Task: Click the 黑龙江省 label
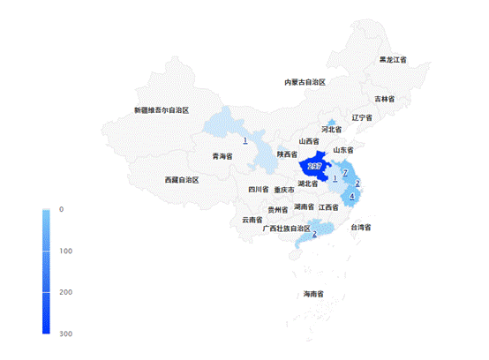click(x=393, y=60)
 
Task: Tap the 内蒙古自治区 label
click(x=305, y=82)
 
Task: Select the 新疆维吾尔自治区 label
click(x=162, y=110)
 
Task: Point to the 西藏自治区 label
click(x=182, y=179)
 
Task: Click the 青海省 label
click(x=222, y=156)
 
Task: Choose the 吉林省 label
click(x=384, y=99)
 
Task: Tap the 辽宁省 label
click(x=363, y=117)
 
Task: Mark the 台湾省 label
click(x=364, y=228)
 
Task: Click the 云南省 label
click(x=252, y=220)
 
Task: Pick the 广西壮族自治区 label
click(x=287, y=229)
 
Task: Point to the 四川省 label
click(x=257, y=189)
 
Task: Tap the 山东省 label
click(x=342, y=150)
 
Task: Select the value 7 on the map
click(x=346, y=171)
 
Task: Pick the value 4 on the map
click(x=353, y=196)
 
